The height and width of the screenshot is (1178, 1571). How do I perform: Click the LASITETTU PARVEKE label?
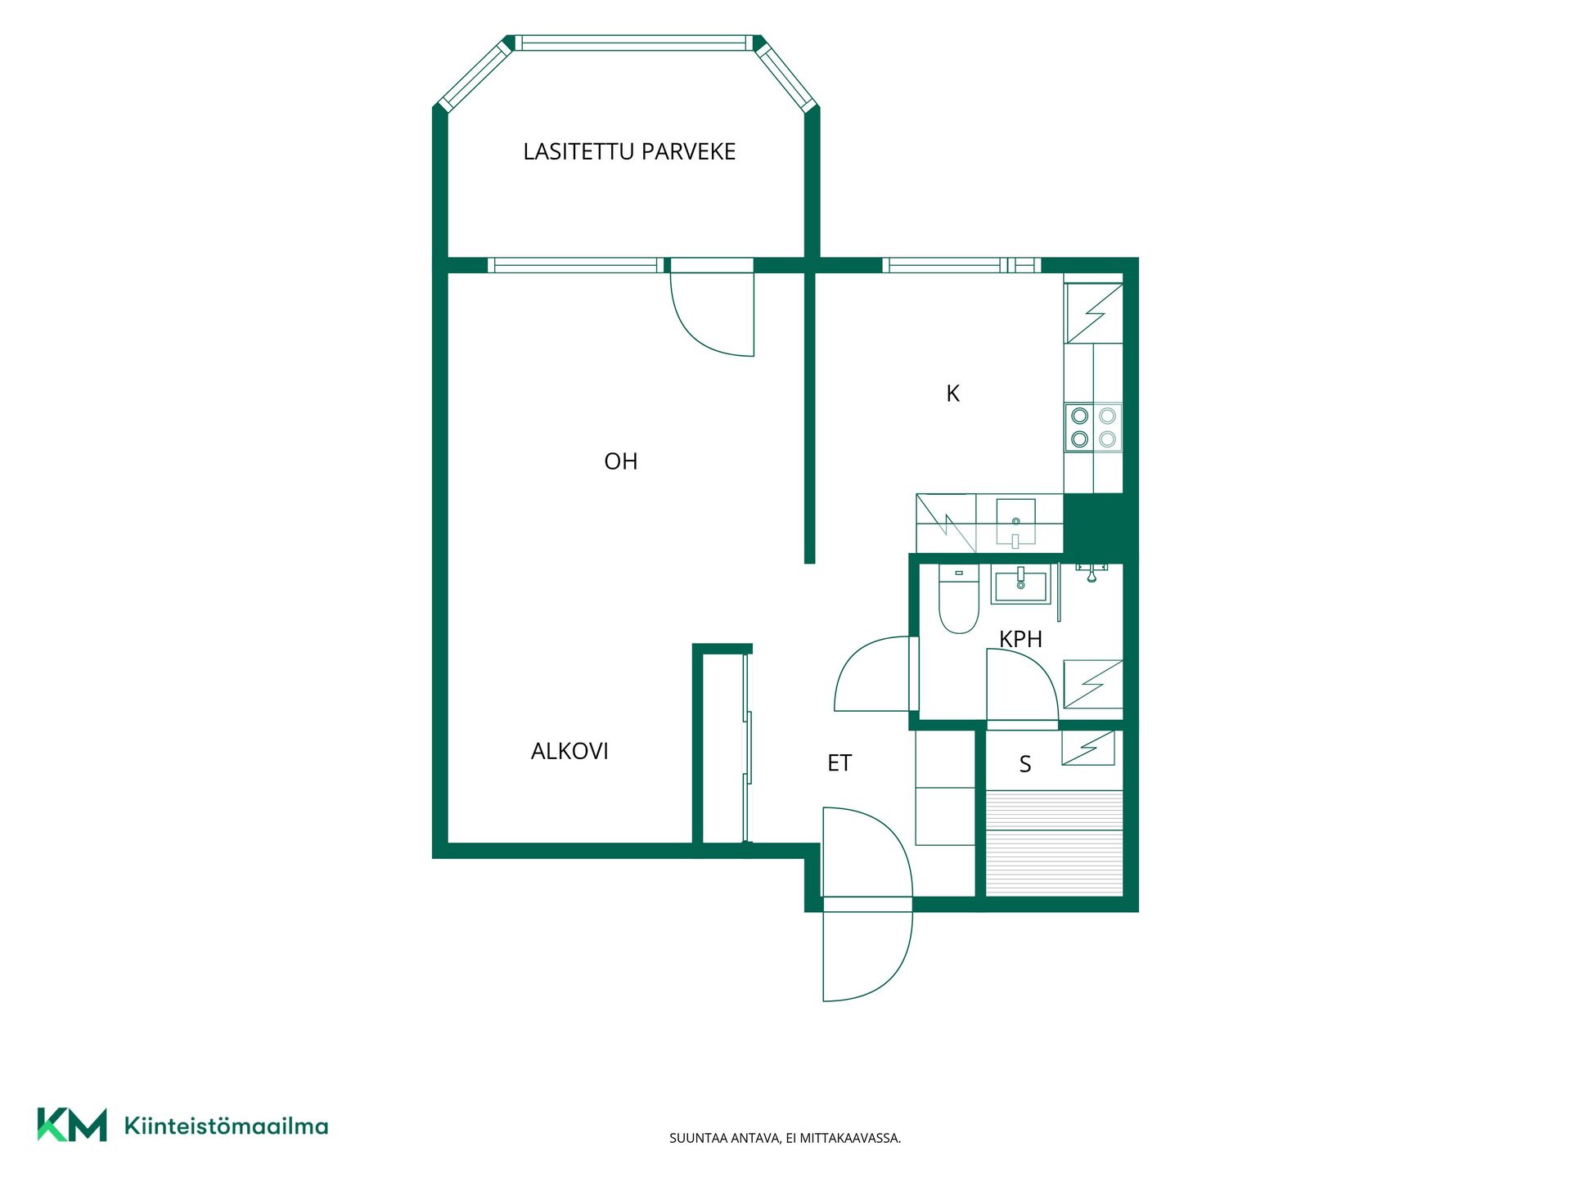coord(629,151)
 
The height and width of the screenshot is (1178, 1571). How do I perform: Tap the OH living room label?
coord(620,461)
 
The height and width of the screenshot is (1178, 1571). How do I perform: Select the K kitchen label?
coord(952,393)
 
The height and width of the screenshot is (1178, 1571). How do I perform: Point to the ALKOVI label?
coord(569,751)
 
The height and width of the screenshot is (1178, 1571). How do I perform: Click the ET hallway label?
coord(840,763)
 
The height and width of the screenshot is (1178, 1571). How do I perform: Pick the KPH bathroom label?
coord(1020,639)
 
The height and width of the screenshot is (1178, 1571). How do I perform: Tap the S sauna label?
coord(1025,764)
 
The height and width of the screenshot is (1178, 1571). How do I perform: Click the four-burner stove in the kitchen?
coord(1093,427)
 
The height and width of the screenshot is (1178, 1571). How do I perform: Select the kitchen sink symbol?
coord(1015,523)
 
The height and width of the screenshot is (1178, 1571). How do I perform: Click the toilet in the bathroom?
coord(959,598)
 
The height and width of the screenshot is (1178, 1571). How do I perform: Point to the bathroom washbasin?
coord(1020,584)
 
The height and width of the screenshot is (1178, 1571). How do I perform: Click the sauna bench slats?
coord(1054,843)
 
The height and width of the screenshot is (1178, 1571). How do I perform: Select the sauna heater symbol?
coord(1088,748)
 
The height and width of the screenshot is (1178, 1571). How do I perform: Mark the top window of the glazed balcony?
coord(633,43)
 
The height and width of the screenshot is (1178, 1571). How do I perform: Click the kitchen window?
coord(961,265)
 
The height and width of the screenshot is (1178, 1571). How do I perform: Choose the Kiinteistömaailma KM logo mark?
coord(72,1125)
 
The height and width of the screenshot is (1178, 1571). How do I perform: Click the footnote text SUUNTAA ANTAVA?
coord(725,1138)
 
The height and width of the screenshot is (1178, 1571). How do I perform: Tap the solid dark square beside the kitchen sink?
coord(1093,524)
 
